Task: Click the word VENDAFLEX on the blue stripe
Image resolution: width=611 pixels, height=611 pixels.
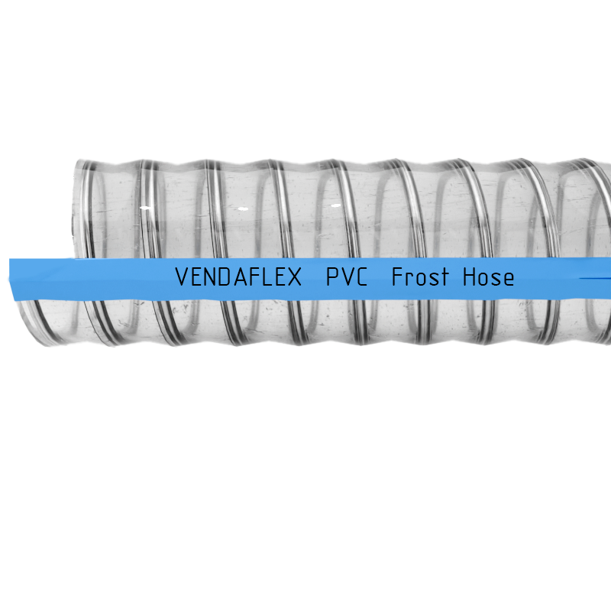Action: [238, 276]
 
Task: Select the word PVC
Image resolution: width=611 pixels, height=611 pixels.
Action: [347, 276]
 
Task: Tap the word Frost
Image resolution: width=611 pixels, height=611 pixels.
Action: [420, 276]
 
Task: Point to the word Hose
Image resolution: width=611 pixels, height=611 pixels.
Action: [488, 276]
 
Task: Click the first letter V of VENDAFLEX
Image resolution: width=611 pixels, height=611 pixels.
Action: [182, 276]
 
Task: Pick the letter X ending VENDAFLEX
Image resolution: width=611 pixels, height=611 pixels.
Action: [295, 276]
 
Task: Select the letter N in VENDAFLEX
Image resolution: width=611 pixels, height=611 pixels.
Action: [211, 276]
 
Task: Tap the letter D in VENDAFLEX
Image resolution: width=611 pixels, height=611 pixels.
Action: [225, 276]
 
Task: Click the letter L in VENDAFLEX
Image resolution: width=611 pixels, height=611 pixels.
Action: [267, 276]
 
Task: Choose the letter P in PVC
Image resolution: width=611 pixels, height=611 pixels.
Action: [332, 276]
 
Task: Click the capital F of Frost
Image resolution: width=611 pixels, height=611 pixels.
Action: [397, 276]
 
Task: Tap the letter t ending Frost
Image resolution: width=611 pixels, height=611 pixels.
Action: [445, 277]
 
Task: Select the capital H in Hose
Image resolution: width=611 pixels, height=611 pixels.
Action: [469, 276]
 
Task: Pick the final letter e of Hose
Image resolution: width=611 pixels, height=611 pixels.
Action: [508, 280]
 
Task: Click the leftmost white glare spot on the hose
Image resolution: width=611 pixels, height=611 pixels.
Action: [145, 208]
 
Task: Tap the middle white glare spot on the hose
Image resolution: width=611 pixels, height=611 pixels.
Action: [243, 209]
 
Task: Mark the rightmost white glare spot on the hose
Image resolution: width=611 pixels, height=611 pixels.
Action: [336, 205]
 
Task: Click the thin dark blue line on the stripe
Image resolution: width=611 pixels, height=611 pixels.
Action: [595, 278]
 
